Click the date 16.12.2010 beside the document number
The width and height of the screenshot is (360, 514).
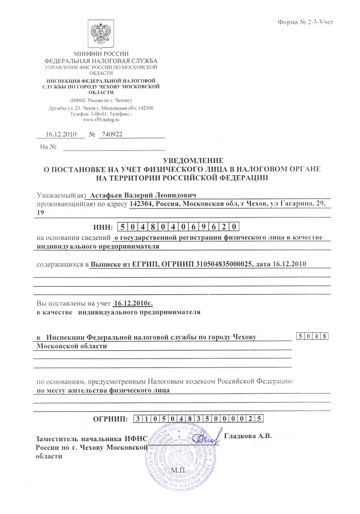pyautogui.click(x=60, y=135)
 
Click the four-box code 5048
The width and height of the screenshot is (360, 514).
pyautogui.click(x=312, y=336)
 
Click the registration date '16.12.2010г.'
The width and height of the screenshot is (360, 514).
pyautogui.click(x=133, y=303)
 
